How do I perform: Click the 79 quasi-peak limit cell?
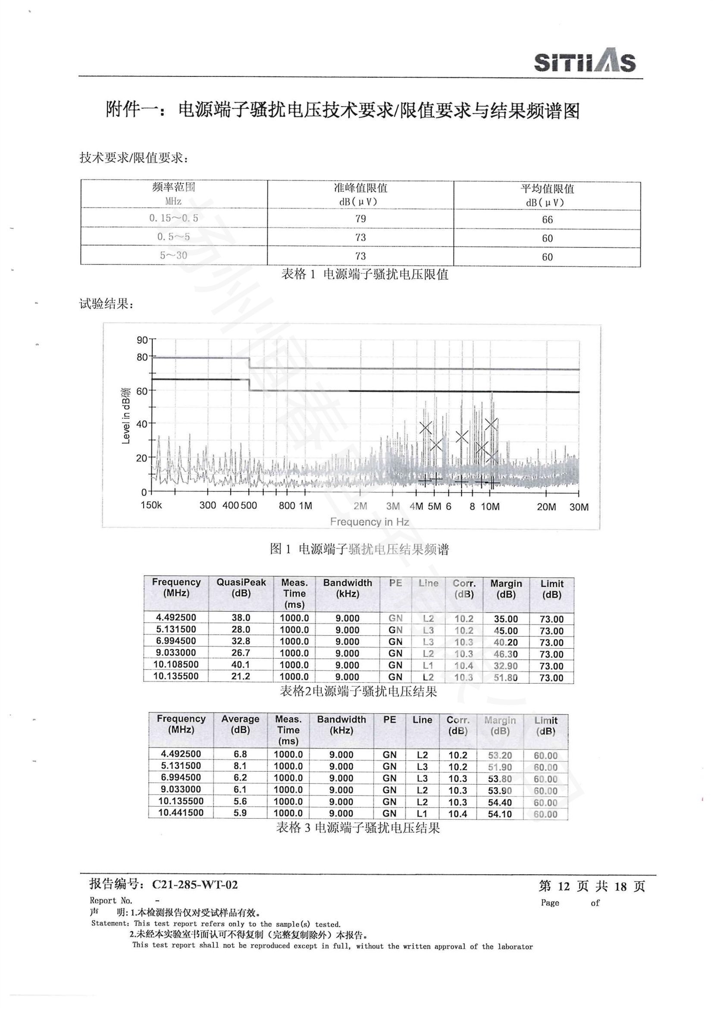(360, 218)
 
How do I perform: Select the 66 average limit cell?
(547, 219)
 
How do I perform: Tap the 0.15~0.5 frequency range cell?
(173, 217)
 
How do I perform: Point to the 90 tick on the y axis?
(142, 339)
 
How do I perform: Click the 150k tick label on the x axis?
(151, 505)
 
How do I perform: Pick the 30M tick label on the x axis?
(579, 507)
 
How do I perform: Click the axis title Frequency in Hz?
(369, 522)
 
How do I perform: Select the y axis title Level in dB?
(125, 416)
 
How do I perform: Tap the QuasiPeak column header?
(241, 588)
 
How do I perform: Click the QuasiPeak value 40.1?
(241, 664)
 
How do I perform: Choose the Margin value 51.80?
(505, 677)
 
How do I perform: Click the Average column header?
(240, 724)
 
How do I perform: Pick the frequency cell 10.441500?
(181, 813)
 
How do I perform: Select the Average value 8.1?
(240, 766)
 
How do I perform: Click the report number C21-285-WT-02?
(195, 885)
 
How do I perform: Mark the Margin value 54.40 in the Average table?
(500, 802)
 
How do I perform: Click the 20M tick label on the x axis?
(546, 507)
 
